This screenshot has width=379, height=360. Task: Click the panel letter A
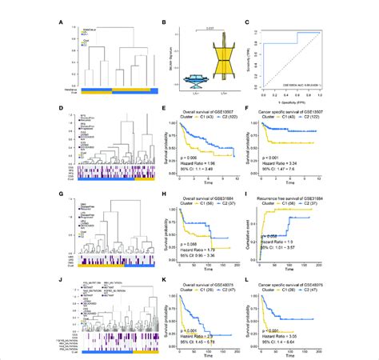pos(62,24)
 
